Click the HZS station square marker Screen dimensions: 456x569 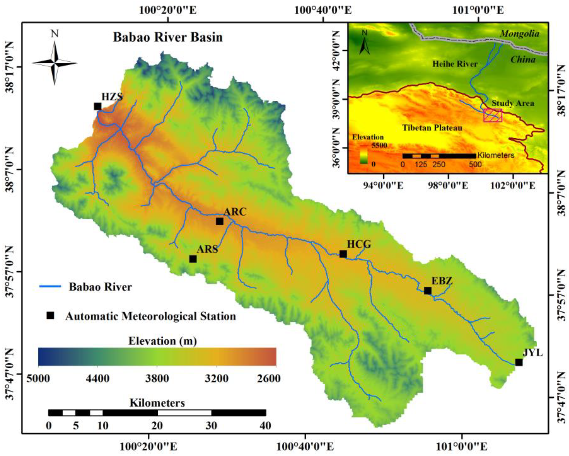[98, 106]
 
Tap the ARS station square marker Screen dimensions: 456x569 [193, 259]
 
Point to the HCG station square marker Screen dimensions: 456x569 [343, 254]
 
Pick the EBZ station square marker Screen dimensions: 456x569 [428, 291]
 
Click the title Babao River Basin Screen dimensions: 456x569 [168, 37]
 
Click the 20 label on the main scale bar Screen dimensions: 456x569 [157, 426]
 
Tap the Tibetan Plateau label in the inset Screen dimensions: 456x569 [432, 128]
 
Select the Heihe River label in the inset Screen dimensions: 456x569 [455, 64]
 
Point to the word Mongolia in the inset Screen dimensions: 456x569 [519, 34]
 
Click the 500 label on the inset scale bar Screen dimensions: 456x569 [475, 164]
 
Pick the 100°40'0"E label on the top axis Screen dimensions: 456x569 [323, 11]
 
